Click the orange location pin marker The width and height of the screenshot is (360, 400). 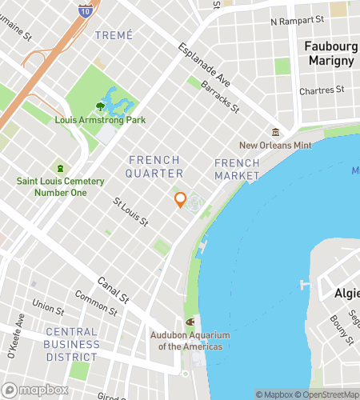[x=180, y=201]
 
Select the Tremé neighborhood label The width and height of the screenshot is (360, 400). [x=114, y=35]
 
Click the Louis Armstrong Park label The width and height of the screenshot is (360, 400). [x=100, y=120]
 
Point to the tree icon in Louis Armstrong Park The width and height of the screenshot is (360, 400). [x=100, y=106]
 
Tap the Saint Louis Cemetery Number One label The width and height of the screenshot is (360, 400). [x=61, y=186]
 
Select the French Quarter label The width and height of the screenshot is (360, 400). [x=155, y=166]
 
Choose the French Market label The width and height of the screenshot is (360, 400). [x=237, y=169]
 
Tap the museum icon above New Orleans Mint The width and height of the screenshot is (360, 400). [x=275, y=132]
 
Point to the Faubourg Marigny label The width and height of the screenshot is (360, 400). [x=329, y=54]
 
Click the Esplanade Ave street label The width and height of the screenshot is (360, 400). [x=203, y=64]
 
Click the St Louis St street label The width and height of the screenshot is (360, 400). [x=130, y=212]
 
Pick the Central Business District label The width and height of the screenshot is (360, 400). [x=72, y=344]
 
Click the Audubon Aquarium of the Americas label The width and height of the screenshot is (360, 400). [x=186, y=341]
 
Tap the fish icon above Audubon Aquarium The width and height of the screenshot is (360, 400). [x=190, y=322]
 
